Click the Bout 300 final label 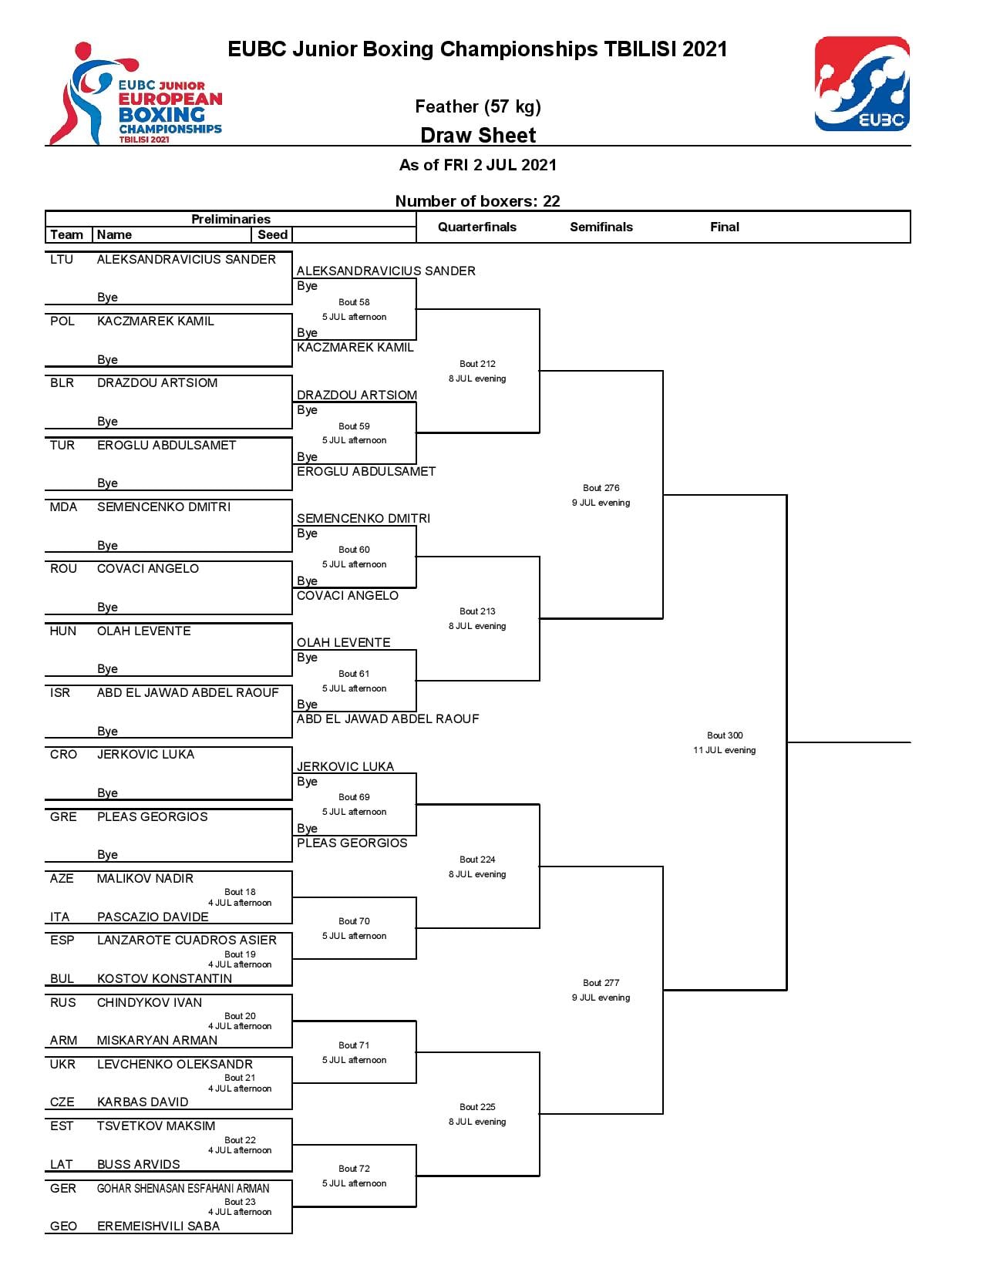pyautogui.click(x=724, y=735)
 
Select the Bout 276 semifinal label pyautogui.click(x=601, y=488)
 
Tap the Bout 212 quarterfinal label pyautogui.click(x=477, y=364)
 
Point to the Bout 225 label pyautogui.click(x=477, y=1106)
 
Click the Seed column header pyautogui.click(x=272, y=234)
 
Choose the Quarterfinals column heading pyautogui.click(x=477, y=227)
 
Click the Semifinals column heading pyautogui.click(x=601, y=227)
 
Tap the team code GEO pyautogui.click(x=63, y=1226)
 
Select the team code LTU pyautogui.click(x=62, y=259)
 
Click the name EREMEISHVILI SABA pyautogui.click(x=158, y=1226)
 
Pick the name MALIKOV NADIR pyautogui.click(x=145, y=878)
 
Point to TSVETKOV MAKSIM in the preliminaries pyautogui.click(x=156, y=1126)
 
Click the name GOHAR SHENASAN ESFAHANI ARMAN pyautogui.click(x=183, y=1188)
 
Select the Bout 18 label pyautogui.click(x=240, y=891)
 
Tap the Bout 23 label pyautogui.click(x=240, y=1201)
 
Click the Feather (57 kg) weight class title pyautogui.click(x=478, y=106)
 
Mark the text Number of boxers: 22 pyautogui.click(x=478, y=200)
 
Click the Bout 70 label pyautogui.click(x=354, y=920)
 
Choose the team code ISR pyautogui.click(x=59, y=692)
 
